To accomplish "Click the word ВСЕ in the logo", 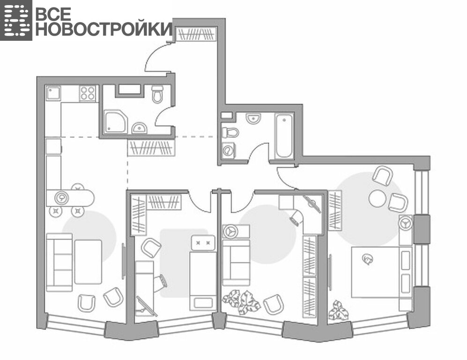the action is [53, 14].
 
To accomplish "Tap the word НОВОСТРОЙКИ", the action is [104, 29].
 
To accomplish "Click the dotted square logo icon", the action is [16, 20].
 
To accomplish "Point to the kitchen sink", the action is [53, 93].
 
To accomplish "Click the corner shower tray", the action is [115, 121].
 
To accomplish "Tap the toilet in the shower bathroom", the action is [157, 94].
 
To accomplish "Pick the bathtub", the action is [284, 135].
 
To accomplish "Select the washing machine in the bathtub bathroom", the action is [229, 150].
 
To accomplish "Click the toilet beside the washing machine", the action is [230, 132].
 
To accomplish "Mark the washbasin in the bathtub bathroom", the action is [253, 118].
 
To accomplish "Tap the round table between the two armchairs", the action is [377, 198].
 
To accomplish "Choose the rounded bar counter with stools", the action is [70, 198].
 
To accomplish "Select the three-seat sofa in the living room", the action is [59, 262].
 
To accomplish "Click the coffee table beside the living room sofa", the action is [88, 262].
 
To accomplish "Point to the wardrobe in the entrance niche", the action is [196, 34].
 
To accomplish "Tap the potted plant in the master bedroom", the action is [339, 310].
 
